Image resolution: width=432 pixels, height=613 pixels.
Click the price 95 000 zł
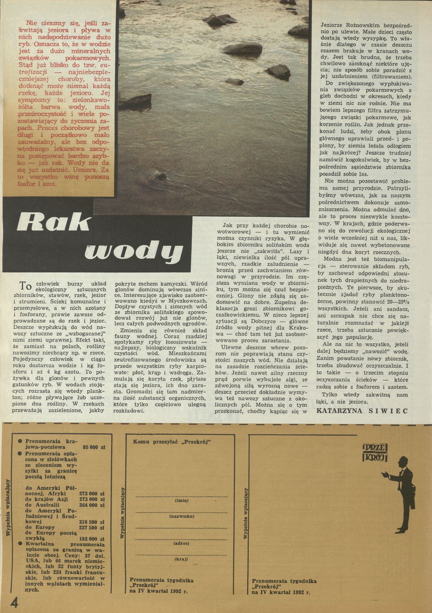click(93, 447)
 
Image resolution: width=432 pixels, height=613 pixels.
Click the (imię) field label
click(179, 501)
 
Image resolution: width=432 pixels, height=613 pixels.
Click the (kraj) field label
click(179, 559)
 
